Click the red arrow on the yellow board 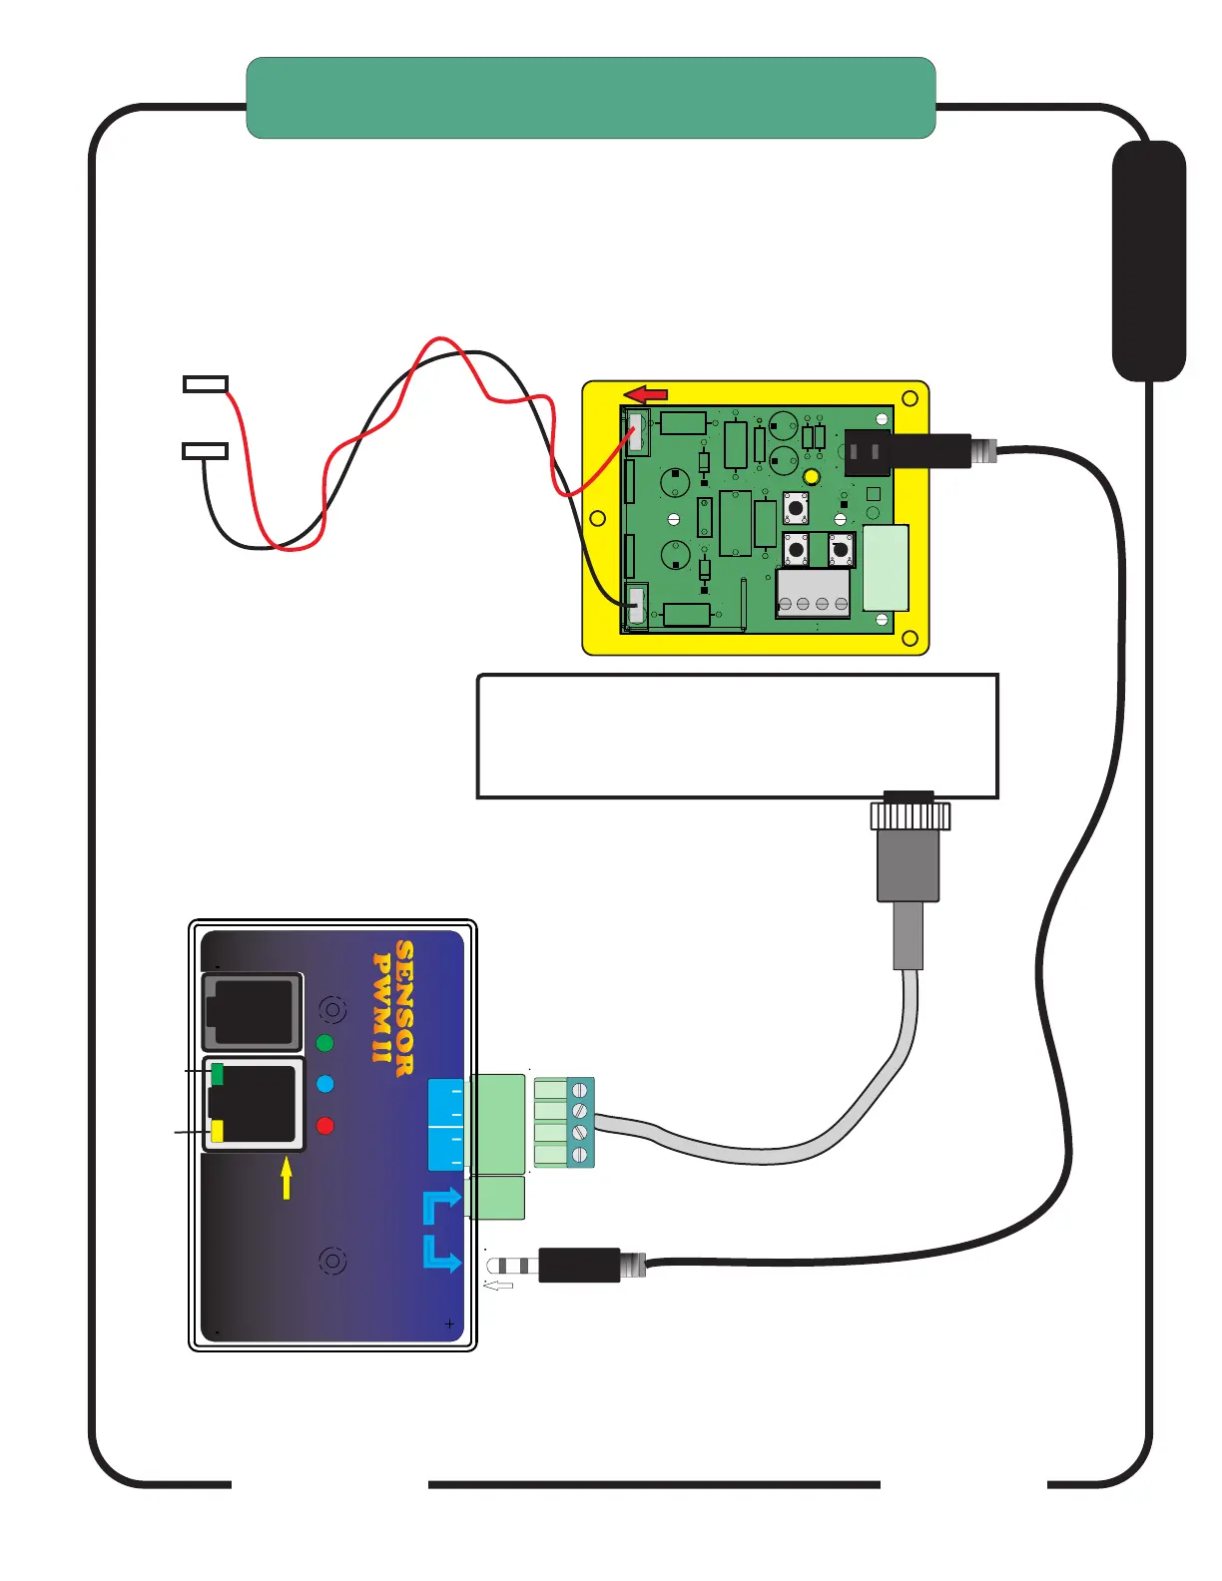click(x=646, y=394)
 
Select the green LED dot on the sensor click(x=324, y=1043)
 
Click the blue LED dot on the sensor click(x=324, y=1084)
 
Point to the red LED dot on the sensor click(x=324, y=1126)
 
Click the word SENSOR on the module click(x=404, y=1007)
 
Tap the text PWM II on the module click(x=380, y=1007)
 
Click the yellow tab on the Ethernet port click(x=217, y=1131)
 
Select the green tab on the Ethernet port click(x=217, y=1074)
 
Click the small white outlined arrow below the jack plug click(x=498, y=1286)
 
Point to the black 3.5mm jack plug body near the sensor click(x=579, y=1265)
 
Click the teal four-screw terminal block click(x=580, y=1122)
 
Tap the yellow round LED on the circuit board click(x=812, y=477)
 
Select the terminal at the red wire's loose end click(x=206, y=384)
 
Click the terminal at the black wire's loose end click(x=206, y=451)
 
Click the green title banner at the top click(x=590, y=98)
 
